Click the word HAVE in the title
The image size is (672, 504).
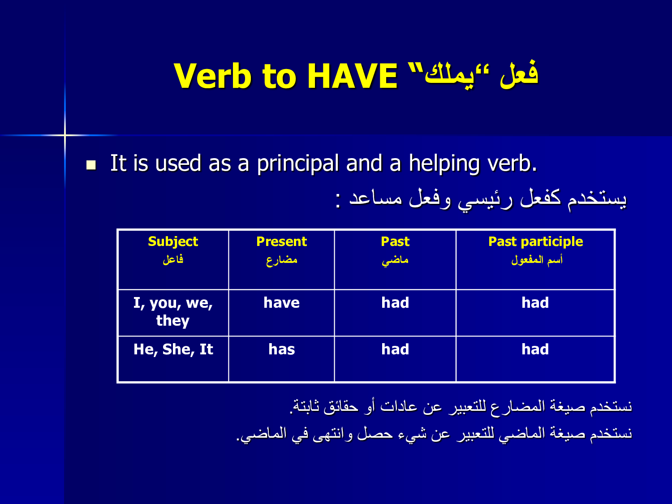(x=352, y=76)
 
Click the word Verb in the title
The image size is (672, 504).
(x=212, y=76)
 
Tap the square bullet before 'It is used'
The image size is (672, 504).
(x=91, y=165)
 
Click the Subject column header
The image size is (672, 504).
(x=173, y=241)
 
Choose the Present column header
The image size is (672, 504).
(x=281, y=241)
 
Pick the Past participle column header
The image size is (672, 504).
(x=535, y=241)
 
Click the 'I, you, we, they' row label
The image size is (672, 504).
(x=173, y=311)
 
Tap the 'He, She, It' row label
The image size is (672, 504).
(x=173, y=349)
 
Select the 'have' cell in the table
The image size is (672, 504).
(x=281, y=303)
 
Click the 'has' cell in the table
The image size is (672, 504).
(x=281, y=349)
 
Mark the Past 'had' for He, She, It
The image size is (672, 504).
(x=395, y=349)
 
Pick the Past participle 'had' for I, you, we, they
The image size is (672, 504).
(x=535, y=303)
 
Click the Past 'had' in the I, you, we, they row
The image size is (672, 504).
(x=395, y=303)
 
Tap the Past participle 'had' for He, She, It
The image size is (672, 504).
(x=535, y=349)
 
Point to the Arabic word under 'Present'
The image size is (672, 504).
(x=282, y=260)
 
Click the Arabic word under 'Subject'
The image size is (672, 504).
(x=173, y=259)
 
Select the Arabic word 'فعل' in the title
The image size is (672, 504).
(x=519, y=74)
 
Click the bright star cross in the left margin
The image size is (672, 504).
(x=65, y=135)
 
